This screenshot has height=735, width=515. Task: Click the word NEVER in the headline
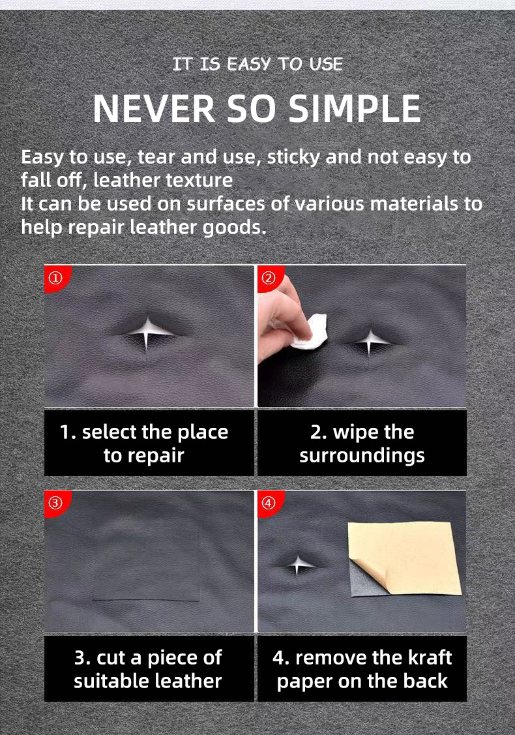pos(154,109)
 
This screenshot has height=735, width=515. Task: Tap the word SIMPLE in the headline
pos(355,109)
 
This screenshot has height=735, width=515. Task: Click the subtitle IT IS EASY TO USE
pos(257,64)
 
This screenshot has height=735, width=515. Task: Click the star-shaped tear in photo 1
pos(149,331)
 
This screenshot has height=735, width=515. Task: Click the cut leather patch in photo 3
pos(146,561)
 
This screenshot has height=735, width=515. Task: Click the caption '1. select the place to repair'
pos(144,443)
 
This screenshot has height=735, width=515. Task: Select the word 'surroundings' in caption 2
pos(362,455)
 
